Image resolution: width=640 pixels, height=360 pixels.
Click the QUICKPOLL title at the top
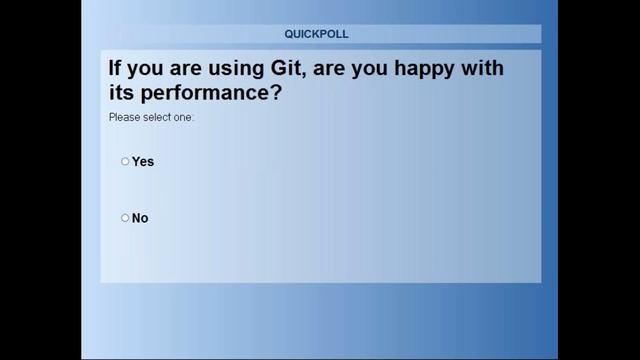pos(316,34)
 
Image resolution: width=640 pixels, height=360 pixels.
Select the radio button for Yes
pos(125,161)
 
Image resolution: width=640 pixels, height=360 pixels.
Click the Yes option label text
pos(143,162)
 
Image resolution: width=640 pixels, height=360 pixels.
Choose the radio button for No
pos(125,218)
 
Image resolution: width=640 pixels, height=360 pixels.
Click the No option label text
pos(140,218)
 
